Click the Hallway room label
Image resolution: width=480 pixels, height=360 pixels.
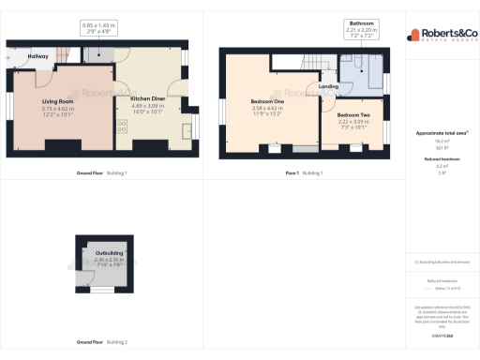coord(38,56)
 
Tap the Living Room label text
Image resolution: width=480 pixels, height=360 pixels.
coord(57,101)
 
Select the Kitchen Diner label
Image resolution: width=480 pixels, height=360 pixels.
coord(147,97)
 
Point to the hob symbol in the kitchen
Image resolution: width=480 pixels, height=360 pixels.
coord(121,126)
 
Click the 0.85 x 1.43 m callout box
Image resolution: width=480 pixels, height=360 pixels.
coord(98,28)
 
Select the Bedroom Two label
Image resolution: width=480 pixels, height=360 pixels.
coord(353,115)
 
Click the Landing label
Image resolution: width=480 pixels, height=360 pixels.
coord(328,86)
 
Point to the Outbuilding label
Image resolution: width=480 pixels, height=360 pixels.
coord(102,252)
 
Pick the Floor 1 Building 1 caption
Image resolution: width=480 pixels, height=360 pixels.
coord(305,173)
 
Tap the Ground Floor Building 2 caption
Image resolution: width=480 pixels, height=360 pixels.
coord(102,341)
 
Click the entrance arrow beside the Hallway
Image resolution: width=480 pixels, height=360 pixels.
coord(7,56)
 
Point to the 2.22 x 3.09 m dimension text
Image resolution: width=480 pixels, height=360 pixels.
coord(353,123)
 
